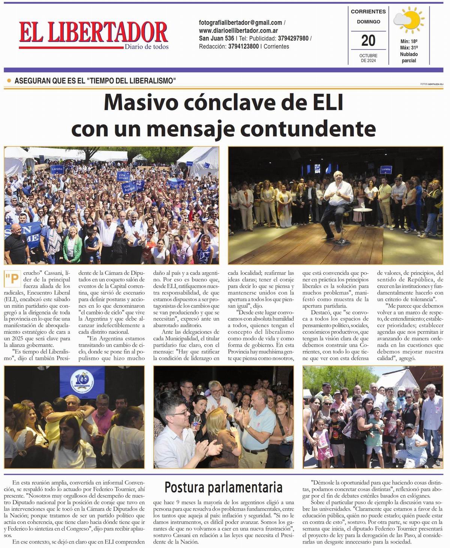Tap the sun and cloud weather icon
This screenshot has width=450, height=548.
pyautogui.click(x=408, y=21)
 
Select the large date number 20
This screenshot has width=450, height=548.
pyautogui.click(x=368, y=40)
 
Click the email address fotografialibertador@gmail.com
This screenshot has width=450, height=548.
pyautogui.click(x=240, y=22)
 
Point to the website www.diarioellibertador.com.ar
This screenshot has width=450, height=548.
pyautogui.click(x=238, y=30)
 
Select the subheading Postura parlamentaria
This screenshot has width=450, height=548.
pyautogui.click(x=223, y=487)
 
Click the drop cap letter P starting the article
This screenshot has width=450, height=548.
pyautogui.click(x=12, y=279)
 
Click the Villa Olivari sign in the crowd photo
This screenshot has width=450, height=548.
pyautogui.click(x=123, y=176)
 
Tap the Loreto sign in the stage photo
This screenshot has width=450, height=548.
pyautogui.click(x=386, y=169)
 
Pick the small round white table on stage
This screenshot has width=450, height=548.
pyautogui.click(x=361, y=212)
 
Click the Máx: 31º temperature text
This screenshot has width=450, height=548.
pyautogui.click(x=409, y=48)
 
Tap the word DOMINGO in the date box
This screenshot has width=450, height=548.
pyautogui.click(x=368, y=22)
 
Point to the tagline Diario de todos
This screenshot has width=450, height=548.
pyautogui.click(x=147, y=47)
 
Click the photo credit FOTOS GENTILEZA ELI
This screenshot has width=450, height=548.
pyautogui.click(x=432, y=84)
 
